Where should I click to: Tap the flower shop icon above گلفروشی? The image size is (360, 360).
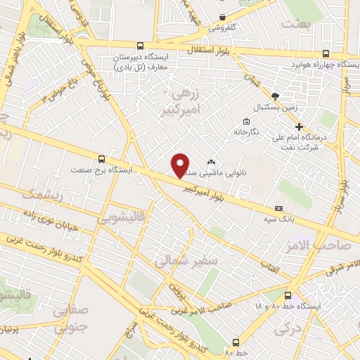click(222, 18)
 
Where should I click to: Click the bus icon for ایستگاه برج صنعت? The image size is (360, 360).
click(103, 158)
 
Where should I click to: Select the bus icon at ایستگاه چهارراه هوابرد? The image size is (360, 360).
click(326, 53)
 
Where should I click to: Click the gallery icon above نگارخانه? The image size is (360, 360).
click(245, 120)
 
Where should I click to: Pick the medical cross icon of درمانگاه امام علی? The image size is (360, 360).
click(299, 126)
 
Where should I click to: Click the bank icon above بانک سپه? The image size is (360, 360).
click(279, 208)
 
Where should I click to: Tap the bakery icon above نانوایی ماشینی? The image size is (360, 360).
click(211, 161)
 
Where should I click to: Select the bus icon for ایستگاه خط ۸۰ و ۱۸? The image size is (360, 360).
click(289, 295)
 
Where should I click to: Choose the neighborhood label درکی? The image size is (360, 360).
click(285, 327)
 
